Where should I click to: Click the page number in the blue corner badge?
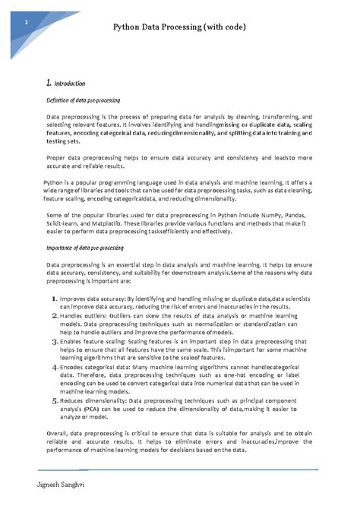[27, 21]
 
